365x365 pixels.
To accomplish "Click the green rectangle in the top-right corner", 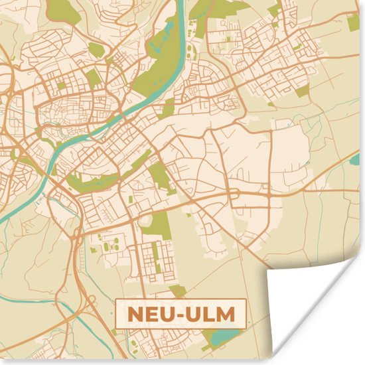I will (353, 23).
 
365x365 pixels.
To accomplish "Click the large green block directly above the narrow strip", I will (159, 226).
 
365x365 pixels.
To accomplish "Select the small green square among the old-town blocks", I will (60, 85).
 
